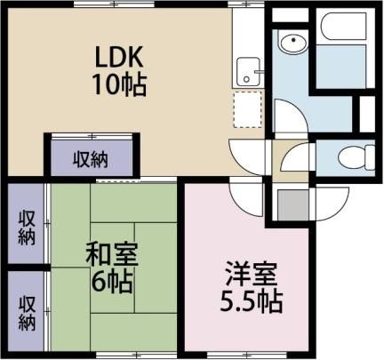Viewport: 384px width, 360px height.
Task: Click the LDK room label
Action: (119, 56)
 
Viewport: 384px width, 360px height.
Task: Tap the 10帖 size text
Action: (120, 84)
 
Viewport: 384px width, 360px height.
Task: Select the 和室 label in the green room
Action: (112, 254)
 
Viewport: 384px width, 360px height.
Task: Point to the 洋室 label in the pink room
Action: (252, 274)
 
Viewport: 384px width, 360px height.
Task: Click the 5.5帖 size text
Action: (251, 301)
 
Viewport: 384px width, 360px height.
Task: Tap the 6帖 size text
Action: (112, 282)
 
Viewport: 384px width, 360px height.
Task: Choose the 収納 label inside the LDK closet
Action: (91, 159)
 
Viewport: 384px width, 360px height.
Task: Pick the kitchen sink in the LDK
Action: (249, 72)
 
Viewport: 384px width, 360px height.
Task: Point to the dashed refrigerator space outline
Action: (247, 109)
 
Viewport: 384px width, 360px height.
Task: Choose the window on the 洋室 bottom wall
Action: (246, 354)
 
